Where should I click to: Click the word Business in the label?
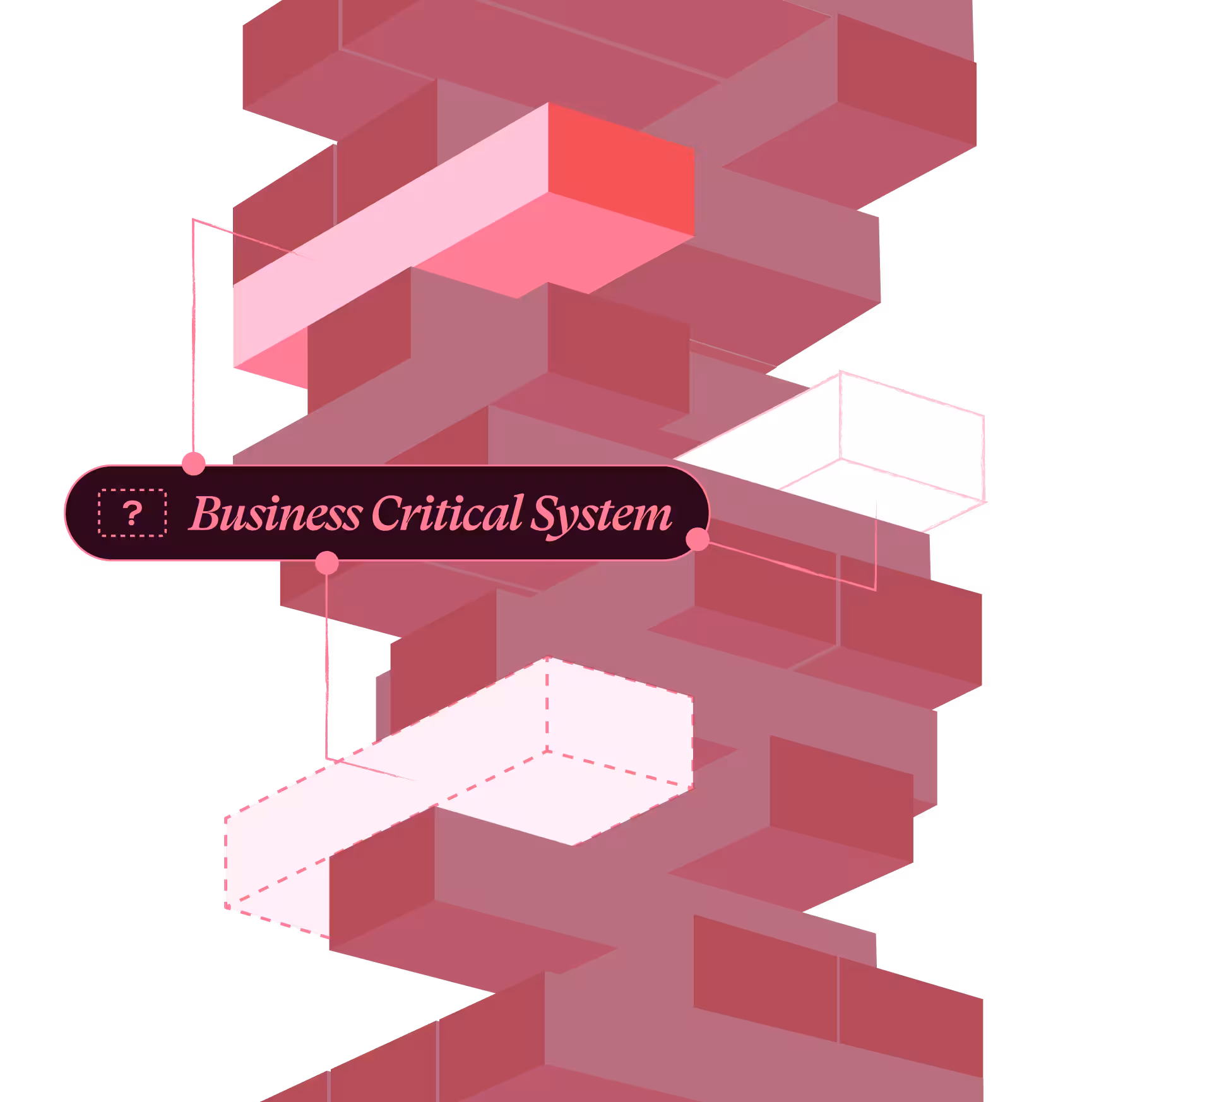tap(275, 513)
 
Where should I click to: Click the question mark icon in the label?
tap(133, 513)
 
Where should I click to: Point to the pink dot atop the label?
tap(194, 463)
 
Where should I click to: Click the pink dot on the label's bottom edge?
tap(326, 562)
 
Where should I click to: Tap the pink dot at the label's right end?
tap(698, 539)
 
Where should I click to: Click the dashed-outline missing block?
tap(459, 798)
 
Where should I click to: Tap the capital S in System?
tap(547, 513)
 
